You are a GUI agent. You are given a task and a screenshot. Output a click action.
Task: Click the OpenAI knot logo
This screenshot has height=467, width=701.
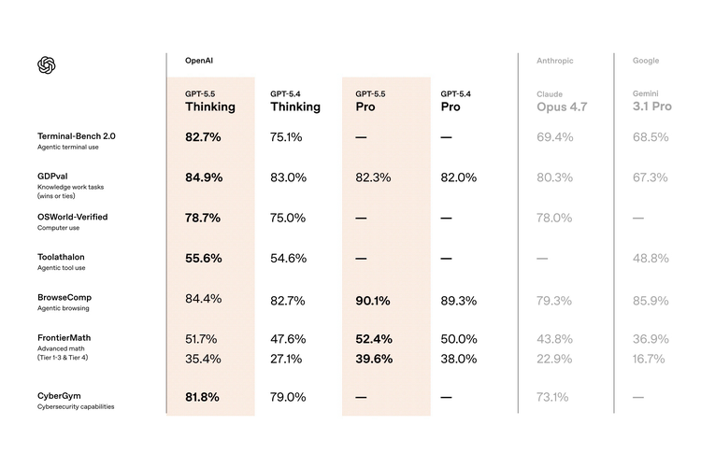(x=48, y=64)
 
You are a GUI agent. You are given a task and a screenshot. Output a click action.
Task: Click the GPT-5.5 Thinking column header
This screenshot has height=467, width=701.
(x=209, y=101)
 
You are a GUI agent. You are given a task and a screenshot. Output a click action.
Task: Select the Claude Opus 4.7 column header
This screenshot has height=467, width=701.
(x=561, y=101)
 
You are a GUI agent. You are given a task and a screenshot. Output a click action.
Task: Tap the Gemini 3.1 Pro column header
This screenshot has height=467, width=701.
(x=652, y=101)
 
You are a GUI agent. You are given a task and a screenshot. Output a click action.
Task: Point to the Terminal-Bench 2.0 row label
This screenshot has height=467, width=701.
(x=77, y=136)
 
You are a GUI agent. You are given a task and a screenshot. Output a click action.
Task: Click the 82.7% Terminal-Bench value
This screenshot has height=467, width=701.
(x=203, y=137)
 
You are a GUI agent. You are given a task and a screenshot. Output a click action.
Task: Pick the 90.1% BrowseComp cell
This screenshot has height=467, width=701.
(x=373, y=301)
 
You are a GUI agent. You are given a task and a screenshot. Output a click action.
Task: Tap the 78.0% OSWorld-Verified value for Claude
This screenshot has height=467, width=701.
(x=554, y=218)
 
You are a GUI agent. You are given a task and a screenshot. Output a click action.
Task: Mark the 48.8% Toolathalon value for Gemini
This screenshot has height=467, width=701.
(x=651, y=259)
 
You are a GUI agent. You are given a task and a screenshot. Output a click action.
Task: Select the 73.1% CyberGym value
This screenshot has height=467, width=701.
(x=552, y=397)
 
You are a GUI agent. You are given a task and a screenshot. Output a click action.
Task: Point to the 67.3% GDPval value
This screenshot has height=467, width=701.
(x=651, y=177)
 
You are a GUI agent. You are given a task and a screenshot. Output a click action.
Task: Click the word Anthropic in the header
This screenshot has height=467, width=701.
(x=555, y=61)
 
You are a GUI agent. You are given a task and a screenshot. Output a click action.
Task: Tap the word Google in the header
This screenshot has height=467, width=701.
(x=646, y=61)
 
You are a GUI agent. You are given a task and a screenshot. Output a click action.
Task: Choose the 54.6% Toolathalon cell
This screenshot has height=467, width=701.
(x=288, y=259)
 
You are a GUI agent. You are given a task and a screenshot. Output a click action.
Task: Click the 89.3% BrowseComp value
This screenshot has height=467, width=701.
(x=458, y=301)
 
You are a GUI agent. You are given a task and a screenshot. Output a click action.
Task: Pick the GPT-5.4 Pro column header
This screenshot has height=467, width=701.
(x=456, y=101)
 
